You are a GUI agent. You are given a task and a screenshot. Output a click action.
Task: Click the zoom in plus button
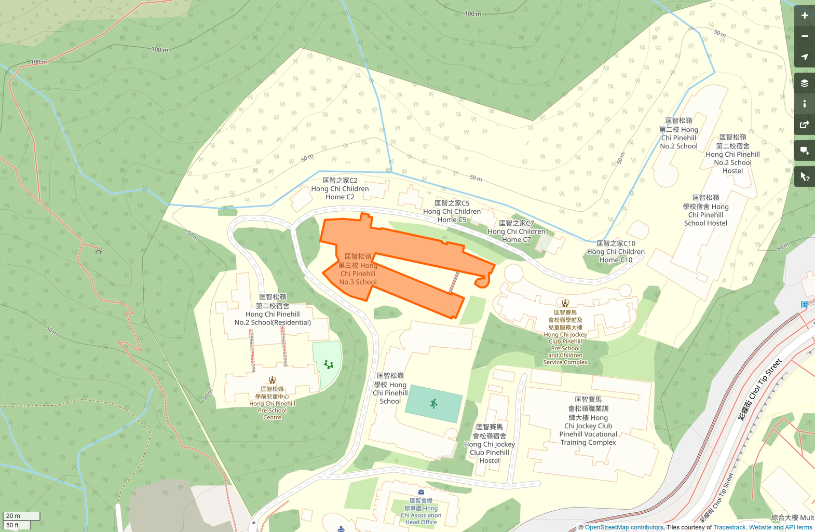click(x=804, y=16)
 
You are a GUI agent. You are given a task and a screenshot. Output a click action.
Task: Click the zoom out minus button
click(x=804, y=36)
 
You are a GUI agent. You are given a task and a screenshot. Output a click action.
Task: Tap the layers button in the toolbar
click(x=804, y=83)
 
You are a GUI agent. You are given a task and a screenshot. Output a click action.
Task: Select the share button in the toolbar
click(x=804, y=125)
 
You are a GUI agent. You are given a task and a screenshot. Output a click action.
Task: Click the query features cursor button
click(x=804, y=177)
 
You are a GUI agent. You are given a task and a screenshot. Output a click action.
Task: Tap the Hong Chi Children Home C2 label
click(x=340, y=189)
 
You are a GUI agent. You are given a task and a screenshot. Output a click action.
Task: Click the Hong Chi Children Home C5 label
click(x=452, y=212)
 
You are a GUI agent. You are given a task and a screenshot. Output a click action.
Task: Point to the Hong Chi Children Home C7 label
click(x=517, y=231)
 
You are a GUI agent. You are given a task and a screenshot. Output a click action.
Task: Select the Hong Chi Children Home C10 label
click(x=616, y=252)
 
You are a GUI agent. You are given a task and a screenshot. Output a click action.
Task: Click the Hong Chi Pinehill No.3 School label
click(x=358, y=269)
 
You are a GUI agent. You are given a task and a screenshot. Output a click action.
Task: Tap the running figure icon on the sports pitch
click(x=433, y=403)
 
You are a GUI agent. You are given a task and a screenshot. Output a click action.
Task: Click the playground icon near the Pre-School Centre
click(x=328, y=364)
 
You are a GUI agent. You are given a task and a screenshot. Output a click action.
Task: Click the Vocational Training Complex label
click(x=588, y=421)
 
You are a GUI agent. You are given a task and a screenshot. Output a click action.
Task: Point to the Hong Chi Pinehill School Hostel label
click(x=705, y=210)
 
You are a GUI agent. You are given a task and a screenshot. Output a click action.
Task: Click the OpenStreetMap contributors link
click(x=624, y=527)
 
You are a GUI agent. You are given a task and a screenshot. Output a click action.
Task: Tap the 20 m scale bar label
click(x=13, y=516)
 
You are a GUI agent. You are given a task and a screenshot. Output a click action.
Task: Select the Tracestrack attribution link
click(x=729, y=527)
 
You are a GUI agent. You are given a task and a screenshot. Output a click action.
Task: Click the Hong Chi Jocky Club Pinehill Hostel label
click(x=490, y=444)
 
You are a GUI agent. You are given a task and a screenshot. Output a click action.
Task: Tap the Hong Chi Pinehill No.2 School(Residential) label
click(x=273, y=310)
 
